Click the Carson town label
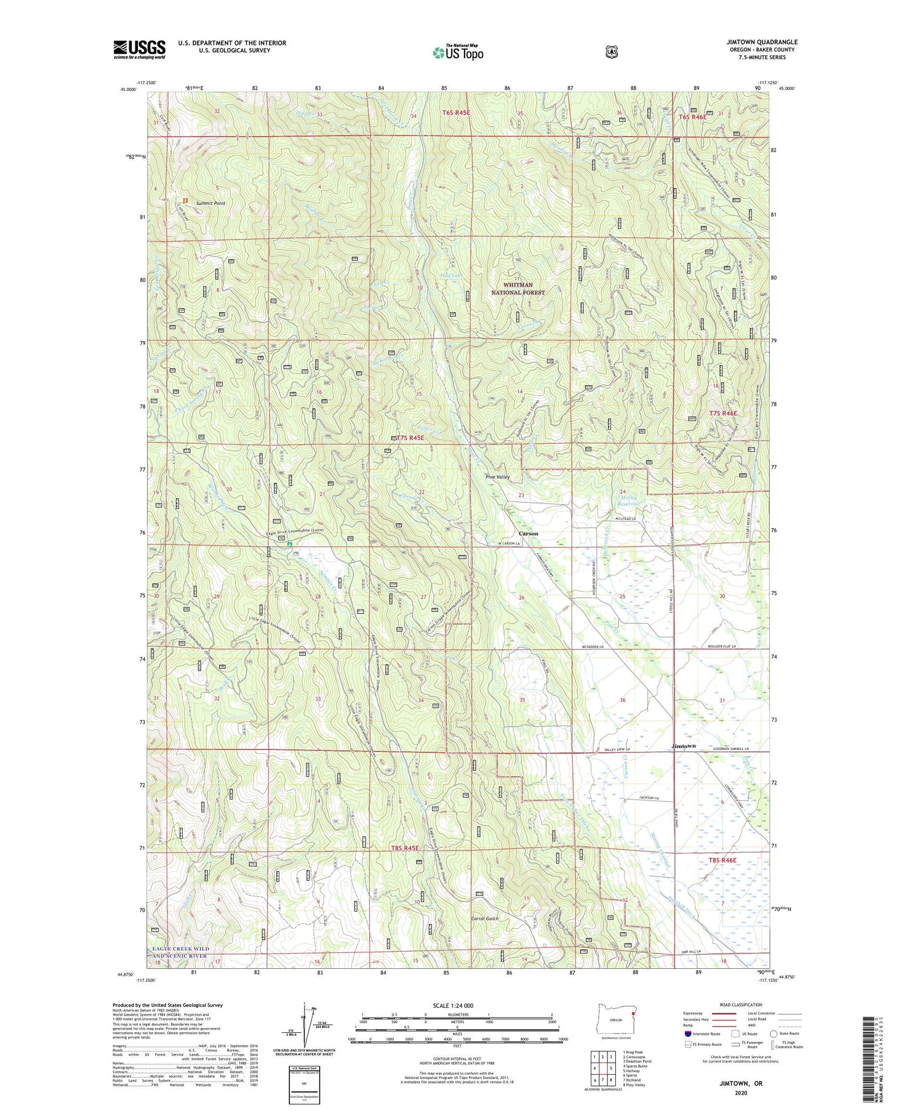pyautogui.click(x=528, y=534)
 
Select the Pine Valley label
pyautogui.click(x=497, y=477)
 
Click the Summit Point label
pyautogui.click(x=210, y=203)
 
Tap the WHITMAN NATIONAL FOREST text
pyautogui.click(x=517, y=289)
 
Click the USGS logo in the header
pyautogui.click(x=139, y=49)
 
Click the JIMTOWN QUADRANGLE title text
pyautogui.click(x=762, y=42)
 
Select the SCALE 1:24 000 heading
pyautogui.click(x=457, y=1006)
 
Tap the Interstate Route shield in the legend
pyautogui.click(x=688, y=1034)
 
